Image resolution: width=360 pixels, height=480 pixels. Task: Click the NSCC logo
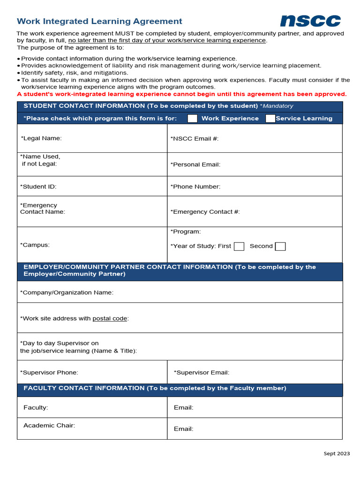310,21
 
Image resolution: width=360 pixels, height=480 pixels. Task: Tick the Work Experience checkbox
192,119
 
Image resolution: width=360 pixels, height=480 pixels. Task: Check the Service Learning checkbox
270,119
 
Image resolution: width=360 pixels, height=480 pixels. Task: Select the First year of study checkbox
239,247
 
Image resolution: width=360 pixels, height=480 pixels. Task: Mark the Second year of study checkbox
280,247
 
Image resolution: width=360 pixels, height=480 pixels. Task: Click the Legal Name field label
41,138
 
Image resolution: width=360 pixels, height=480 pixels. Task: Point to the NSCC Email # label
195,138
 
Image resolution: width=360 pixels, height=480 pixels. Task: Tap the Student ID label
38,187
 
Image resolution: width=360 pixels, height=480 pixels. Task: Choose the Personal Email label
195,165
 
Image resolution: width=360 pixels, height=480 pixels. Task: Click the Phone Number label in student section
195,187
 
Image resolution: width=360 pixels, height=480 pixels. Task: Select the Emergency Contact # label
205,212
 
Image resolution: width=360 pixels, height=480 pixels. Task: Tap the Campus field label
35,245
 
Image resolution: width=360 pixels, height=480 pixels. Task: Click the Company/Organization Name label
67,292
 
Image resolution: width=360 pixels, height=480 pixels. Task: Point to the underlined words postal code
110,319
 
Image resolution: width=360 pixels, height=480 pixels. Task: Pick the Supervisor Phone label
49,373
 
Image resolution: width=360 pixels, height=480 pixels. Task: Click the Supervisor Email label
202,373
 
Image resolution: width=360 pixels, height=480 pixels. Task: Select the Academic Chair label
49,426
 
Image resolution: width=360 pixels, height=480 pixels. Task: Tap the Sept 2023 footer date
337,453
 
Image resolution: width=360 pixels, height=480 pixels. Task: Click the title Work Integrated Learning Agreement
99,21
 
